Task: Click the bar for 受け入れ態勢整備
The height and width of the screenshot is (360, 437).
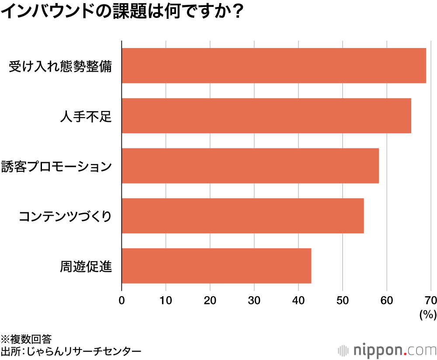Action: click(274, 66)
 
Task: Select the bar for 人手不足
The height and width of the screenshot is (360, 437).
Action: click(266, 115)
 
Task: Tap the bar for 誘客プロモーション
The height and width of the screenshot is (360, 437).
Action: click(250, 166)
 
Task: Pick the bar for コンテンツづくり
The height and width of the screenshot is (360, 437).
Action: click(243, 216)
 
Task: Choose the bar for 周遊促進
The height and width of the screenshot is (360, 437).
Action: click(216, 266)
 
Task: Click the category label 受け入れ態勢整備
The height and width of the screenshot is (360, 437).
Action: click(60, 67)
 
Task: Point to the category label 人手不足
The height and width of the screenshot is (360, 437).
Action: click(86, 117)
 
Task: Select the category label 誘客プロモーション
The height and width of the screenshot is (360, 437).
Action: click(56, 167)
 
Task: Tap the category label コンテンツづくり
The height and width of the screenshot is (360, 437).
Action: click(65, 217)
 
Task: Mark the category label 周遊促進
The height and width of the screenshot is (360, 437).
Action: click(86, 267)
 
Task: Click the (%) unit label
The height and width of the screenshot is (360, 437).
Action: click(427, 315)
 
